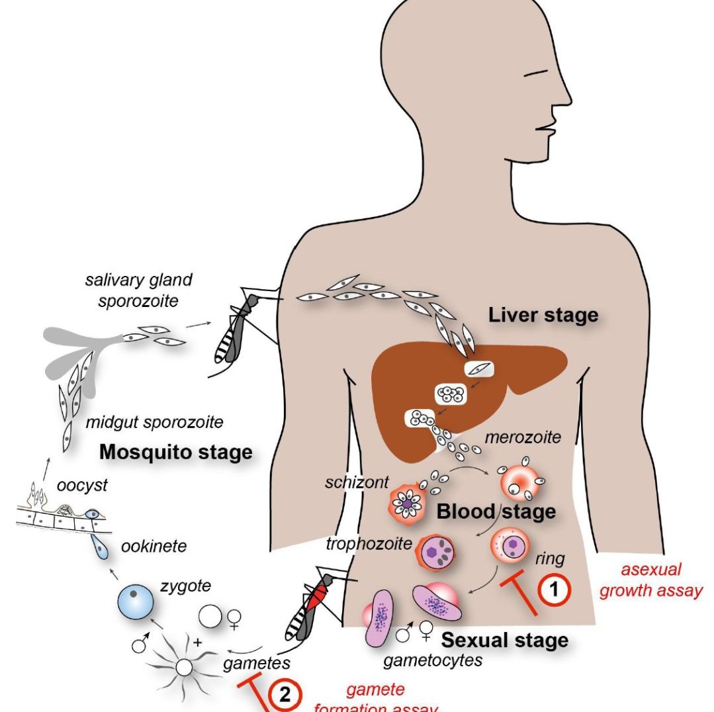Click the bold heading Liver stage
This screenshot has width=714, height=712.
click(x=543, y=315)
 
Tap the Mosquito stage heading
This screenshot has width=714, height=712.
click(x=176, y=452)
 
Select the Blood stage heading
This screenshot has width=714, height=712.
click(x=496, y=512)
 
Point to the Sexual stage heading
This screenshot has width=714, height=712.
click(x=504, y=640)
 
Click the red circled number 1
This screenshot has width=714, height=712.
click(x=554, y=590)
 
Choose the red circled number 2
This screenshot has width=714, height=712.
click(x=285, y=695)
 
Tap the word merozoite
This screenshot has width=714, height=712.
click(x=523, y=437)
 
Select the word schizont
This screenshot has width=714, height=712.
click(x=357, y=482)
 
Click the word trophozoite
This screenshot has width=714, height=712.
click(x=369, y=543)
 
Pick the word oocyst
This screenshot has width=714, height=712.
click(x=82, y=486)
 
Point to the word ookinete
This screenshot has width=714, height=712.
click(x=154, y=546)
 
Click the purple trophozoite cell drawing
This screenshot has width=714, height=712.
click(x=435, y=553)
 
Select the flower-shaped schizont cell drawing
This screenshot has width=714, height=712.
click(x=407, y=504)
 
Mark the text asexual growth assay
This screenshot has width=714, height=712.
click(x=651, y=580)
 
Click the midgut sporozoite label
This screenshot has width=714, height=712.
click(x=154, y=422)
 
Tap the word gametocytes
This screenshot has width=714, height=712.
click(x=433, y=660)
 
